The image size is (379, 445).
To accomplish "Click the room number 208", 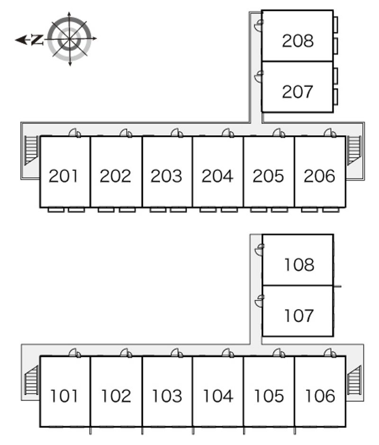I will pyautogui.click(x=298, y=41).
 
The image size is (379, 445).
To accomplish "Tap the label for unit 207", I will pyautogui.click(x=298, y=91).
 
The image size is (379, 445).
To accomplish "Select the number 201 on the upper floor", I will pyautogui.click(x=64, y=176).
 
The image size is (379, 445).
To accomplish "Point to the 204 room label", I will pyautogui.click(x=217, y=176).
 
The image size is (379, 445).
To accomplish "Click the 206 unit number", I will pyautogui.click(x=319, y=176).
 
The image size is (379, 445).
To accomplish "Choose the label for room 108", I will pyautogui.click(x=299, y=265).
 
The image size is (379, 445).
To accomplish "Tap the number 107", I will pyautogui.click(x=299, y=315).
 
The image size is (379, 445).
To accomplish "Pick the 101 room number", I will pyautogui.click(x=64, y=395).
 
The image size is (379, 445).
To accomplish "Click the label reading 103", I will pyautogui.click(x=166, y=395).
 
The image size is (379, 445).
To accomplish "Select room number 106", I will pyautogui.click(x=320, y=395).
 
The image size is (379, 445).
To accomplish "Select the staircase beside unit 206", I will pyautogui.click(x=354, y=150).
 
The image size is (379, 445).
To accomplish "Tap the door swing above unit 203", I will pyautogui.click(x=177, y=133).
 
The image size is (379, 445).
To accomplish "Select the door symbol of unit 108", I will pyautogui.click(x=259, y=250).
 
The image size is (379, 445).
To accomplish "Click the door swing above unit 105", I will pyautogui.click(x=279, y=353).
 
